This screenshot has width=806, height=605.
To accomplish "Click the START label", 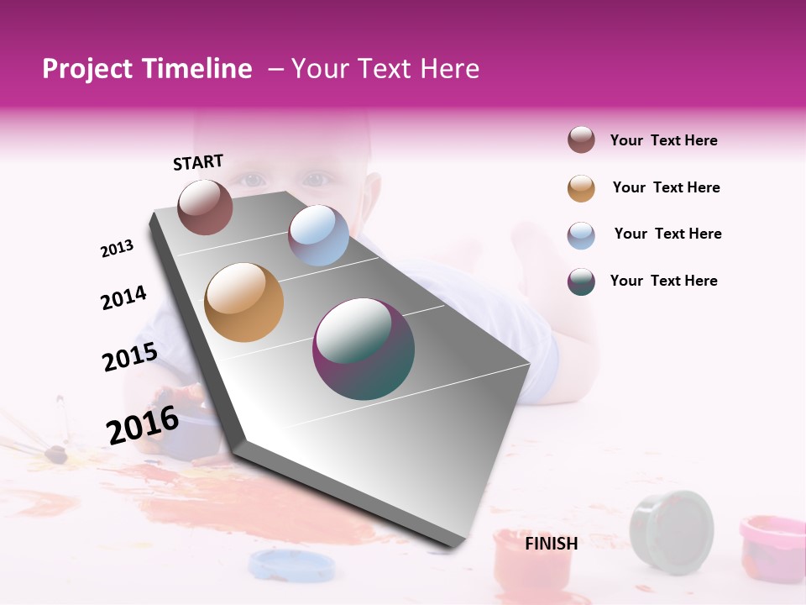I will pos(198,162).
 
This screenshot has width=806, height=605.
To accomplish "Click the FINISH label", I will pos(552,544).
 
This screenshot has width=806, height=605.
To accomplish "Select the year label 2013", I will pos(118,249).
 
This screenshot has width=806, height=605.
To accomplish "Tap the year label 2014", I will pos(124,298).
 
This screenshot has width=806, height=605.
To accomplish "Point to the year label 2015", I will pos(130,357).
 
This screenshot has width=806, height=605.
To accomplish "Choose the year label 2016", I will pos(143,424).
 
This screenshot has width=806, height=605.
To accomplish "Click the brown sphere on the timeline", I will pos(206,207).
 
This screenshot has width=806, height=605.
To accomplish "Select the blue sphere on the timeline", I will pos(318,235).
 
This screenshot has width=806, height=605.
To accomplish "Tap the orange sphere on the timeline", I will pos(244,302).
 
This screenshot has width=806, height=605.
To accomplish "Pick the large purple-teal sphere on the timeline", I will pos(364,349).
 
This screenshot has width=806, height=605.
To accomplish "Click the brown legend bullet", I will pos(581,140).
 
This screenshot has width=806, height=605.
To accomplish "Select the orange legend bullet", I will pos(581,188).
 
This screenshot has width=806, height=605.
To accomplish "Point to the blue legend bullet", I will pos(581,235).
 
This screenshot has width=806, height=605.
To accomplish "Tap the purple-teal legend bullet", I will pos(581,281).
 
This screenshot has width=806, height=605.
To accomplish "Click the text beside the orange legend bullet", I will pos(666,187).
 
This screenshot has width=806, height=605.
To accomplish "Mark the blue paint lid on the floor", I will pos(280,565).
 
